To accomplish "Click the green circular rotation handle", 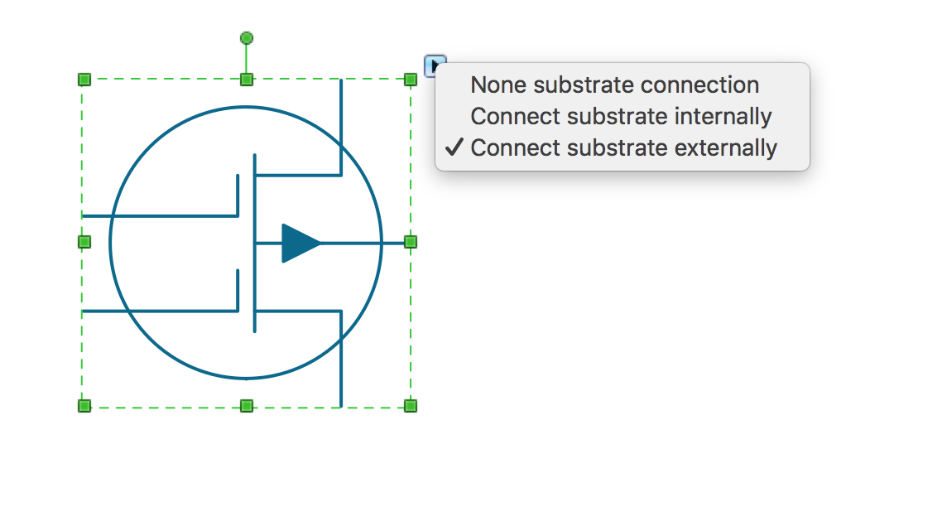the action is (x=247, y=39).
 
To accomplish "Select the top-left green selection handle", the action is (x=84, y=80).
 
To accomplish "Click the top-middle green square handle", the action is (x=247, y=80).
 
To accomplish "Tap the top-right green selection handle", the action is (x=410, y=80).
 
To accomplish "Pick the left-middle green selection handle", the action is (x=84, y=242).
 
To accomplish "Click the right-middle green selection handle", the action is (x=410, y=242).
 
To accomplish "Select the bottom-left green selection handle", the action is (x=84, y=405).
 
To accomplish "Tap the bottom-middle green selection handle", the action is (x=247, y=405).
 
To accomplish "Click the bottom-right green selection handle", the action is (x=410, y=405).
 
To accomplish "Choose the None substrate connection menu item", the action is (x=615, y=85).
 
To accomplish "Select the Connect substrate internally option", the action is (x=621, y=117).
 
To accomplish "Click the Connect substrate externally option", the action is (x=623, y=148).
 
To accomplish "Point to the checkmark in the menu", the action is (x=454, y=147).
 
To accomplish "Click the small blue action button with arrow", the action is (x=435, y=65).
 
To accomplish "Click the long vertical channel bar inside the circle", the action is (x=255, y=243).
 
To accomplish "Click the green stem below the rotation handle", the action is (x=247, y=59).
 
